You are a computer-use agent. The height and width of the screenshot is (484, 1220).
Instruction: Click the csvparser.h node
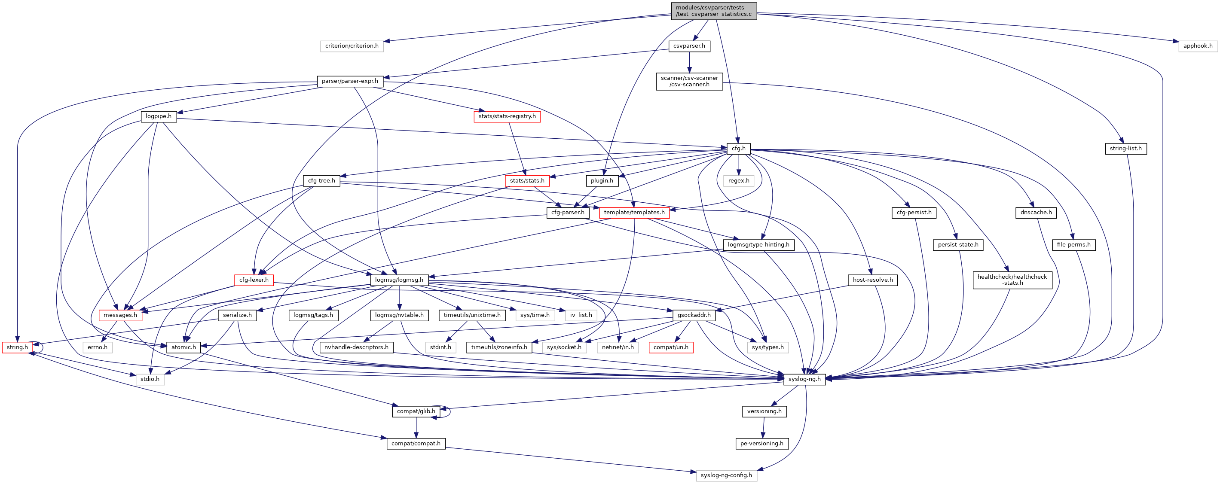pos(689,46)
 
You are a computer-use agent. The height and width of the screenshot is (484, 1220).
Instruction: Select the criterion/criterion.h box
pos(352,46)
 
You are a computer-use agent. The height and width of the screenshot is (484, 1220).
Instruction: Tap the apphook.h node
pos(1197,46)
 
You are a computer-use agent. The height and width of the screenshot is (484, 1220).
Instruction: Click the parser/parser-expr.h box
pos(349,81)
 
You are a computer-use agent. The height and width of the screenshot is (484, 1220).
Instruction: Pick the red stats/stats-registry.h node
pos(507,116)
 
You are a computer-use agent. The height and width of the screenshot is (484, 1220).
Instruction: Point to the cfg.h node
pos(738,149)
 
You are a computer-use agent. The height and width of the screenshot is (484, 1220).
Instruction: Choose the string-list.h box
pos(1125,149)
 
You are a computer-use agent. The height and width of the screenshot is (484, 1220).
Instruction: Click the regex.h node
pos(738,181)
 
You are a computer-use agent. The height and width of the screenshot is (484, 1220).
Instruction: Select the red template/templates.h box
pos(634,213)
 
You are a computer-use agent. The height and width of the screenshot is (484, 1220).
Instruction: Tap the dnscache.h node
pos(1036,213)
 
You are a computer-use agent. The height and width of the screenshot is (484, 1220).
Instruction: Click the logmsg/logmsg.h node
pos(399,280)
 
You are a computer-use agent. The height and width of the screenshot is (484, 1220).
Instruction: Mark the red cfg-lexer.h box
pos(254,280)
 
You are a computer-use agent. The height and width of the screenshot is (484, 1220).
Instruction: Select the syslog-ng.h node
pos(804,380)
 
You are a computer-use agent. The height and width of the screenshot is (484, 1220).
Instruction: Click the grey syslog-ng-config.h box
pos(726,475)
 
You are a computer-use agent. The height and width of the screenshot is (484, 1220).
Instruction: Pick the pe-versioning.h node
pos(761,444)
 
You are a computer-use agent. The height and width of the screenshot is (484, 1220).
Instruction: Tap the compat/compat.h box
pos(416,444)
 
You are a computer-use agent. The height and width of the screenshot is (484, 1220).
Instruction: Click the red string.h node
pos(17,347)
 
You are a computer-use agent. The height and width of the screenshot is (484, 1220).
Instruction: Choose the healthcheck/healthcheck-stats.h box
pos(1012,280)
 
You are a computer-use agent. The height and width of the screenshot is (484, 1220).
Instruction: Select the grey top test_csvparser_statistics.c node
pos(713,11)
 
